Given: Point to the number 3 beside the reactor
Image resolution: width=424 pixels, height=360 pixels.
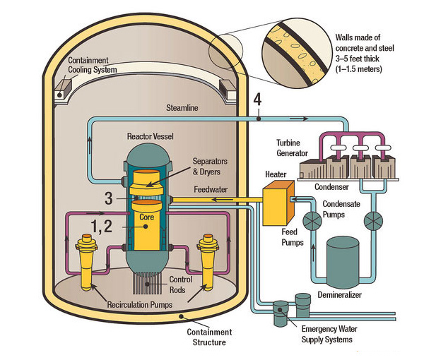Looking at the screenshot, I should point(108,198).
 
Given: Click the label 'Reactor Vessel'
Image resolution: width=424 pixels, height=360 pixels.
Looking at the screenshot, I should point(150,135).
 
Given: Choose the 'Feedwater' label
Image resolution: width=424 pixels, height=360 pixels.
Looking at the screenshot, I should point(211,190).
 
